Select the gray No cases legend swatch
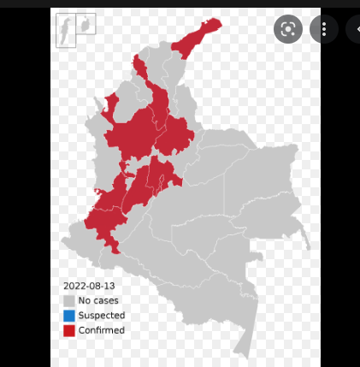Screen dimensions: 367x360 pyautogui.click(x=68, y=300)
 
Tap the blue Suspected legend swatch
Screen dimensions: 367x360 pyautogui.click(x=68, y=316)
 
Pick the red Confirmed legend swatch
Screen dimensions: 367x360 pyautogui.click(x=68, y=330)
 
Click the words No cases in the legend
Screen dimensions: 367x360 pyautogui.click(x=98, y=300)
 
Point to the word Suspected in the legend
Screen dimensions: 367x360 pyautogui.click(x=101, y=316)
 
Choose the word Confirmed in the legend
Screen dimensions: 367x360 pyautogui.click(x=101, y=330)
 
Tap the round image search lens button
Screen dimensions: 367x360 pyautogui.click(x=288, y=30)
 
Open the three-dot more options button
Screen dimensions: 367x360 pyautogui.click(x=324, y=30)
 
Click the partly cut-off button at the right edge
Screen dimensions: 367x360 pyautogui.click(x=354, y=30)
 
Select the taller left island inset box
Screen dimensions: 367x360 pyautogui.click(x=65, y=29)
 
